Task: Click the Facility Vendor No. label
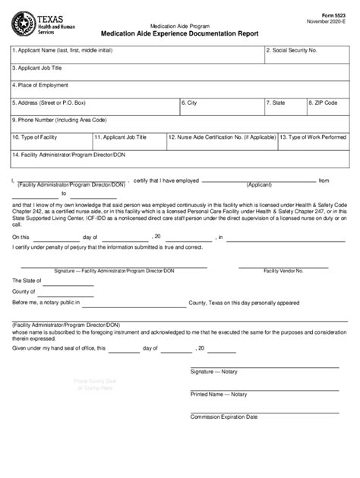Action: click(281, 271)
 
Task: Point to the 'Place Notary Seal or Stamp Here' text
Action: click(93, 384)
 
